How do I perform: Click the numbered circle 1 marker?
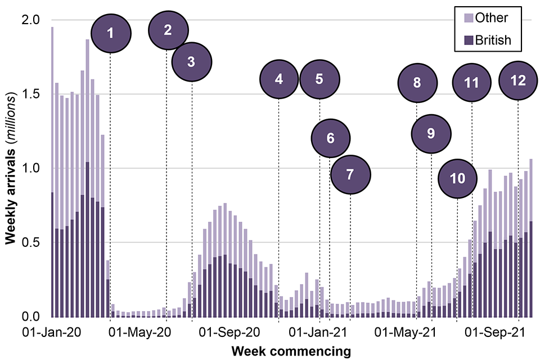pos(111,33)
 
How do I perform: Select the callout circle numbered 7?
pos(350,174)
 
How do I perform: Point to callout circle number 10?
pos(457,179)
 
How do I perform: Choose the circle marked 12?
pos(517,80)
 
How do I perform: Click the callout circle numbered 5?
pos(319,79)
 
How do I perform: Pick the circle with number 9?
pos(431,133)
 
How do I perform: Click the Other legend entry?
pos(491,18)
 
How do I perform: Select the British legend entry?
pos(493,40)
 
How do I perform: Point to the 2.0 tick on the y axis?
pos(31,20)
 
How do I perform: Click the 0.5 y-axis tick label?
pos(31,242)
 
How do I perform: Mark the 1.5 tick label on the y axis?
pos(31,94)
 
